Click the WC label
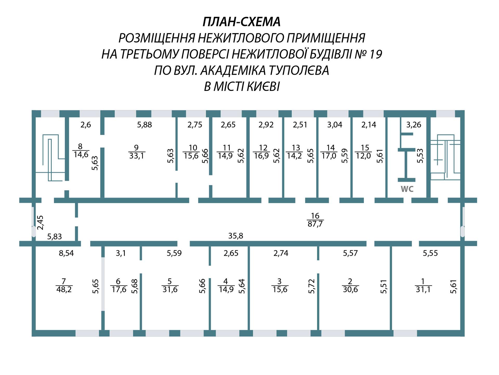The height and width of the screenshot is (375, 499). pyautogui.click(x=407, y=189)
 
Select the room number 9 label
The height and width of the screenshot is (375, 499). pyautogui.click(x=136, y=148)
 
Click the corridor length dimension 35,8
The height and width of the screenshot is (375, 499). pyautogui.click(x=236, y=236)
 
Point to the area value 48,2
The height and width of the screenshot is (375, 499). pyautogui.click(x=64, y=289)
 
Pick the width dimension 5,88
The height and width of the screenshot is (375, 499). pyautogui.click(x=145, y=125)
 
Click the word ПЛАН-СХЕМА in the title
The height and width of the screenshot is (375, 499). pyautogui.click(x=242, y=22)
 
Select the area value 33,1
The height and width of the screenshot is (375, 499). pyautogui.click(x=136, y=156)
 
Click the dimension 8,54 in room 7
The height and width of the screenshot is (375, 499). pyautogui.click(x=66, y=253)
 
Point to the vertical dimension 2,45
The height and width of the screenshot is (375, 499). pyautogui.click(x=40, y=223)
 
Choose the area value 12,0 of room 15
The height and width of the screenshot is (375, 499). pyautogui.click(x=363, y=156)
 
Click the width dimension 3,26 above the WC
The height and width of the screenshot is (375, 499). pyautogui.click(x=413, y=125)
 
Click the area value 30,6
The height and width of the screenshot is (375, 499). pyautogui.click(x=350, y=289)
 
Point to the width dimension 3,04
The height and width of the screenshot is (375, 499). pyautogui.click(x=335, y=125)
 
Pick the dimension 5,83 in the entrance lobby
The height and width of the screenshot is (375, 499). pyautogui.click(x=55, y=236)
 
